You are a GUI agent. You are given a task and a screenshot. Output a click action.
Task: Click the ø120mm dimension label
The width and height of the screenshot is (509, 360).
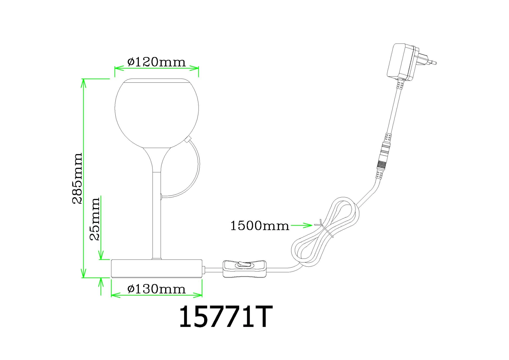click(156, 62)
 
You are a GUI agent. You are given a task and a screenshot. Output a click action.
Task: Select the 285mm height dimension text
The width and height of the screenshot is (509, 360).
click(77, 178)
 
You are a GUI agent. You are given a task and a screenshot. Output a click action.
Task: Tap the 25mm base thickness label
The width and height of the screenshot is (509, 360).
click(95, 219)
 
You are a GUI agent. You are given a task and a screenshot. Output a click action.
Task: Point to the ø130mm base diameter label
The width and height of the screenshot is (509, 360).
click(156, 289)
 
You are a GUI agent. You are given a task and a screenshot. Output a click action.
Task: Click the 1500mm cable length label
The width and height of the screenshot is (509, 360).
click(260, 226)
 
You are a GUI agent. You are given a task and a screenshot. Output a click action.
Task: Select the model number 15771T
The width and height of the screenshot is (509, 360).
click(226, 317)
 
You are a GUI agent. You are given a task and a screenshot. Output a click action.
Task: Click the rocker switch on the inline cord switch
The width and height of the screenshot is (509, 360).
click(244, 264)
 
